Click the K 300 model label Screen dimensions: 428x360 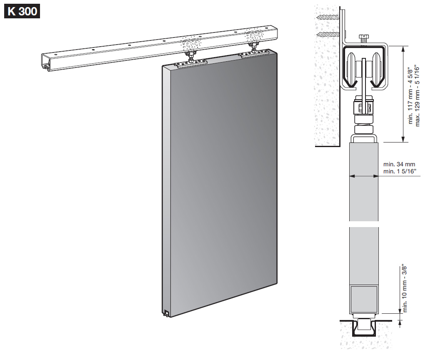[22, 11]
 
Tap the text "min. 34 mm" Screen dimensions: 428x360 [399, 164]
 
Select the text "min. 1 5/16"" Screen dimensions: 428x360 [400, 171]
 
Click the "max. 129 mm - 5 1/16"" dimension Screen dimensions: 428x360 [417, 95]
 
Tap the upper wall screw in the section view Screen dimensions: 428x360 [328, 17]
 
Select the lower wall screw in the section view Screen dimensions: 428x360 [328, 35]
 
